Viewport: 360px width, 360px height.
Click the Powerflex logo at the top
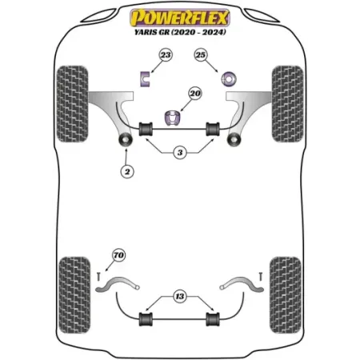180,18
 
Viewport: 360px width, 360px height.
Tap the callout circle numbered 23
166,55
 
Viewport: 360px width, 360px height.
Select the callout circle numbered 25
201,55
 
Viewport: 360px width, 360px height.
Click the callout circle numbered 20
195,94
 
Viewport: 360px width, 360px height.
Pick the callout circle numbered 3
180,153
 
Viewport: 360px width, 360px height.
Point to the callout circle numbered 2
127,171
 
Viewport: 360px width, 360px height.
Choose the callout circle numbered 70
118,255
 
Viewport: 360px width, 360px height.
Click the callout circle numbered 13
180,296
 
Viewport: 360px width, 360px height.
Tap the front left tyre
72,104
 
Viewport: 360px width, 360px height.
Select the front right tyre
287,104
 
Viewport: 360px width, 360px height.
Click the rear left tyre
74,295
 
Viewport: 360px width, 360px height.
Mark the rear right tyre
286,295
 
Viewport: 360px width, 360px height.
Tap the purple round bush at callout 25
229,79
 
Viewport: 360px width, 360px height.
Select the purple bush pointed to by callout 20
172,118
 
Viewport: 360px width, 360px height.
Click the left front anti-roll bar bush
146,129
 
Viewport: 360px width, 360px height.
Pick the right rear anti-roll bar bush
213,319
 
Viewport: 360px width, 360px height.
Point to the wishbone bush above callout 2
125,139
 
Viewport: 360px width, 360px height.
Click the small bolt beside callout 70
98,276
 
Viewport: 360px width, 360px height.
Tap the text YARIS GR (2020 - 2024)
180,32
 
